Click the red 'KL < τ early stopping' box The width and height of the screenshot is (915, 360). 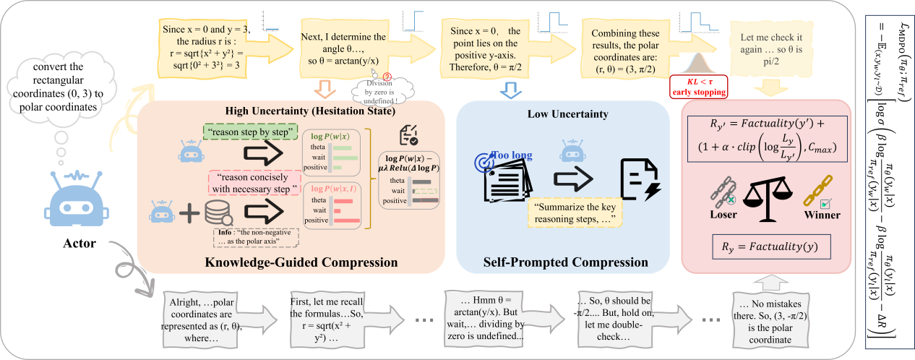click(698, 86)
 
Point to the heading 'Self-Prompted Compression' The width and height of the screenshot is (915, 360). click(566, 261)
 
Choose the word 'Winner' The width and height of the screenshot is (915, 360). click(822, 215)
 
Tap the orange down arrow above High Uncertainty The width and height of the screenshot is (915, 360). click(322, 90)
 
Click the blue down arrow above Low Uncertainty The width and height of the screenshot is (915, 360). click(511, 88)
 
